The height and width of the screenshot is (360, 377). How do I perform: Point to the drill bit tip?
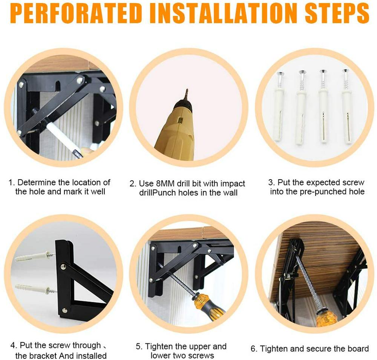187,90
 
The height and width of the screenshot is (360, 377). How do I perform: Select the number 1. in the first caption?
12,183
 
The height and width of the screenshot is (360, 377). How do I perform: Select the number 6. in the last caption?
254,349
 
